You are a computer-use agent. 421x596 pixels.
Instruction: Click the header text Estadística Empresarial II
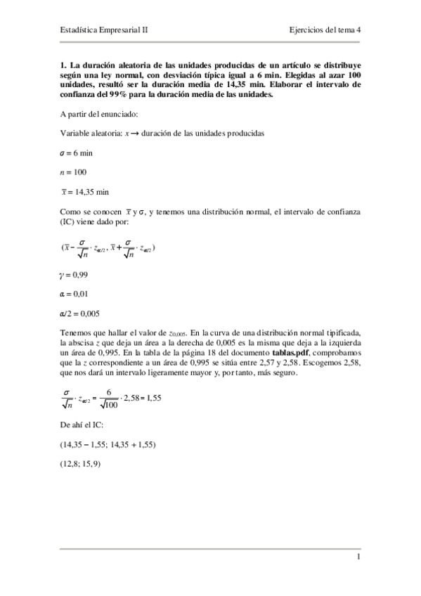pos(104,31)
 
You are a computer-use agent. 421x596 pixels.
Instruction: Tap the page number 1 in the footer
pos(358,557)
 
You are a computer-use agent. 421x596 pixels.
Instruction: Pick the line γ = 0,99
pos(74,275)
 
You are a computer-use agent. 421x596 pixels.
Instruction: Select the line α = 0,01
pos(74,294)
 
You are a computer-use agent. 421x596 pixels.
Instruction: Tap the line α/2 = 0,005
pos(79,313)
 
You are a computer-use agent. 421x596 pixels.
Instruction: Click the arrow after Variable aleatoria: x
pos(132,133)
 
